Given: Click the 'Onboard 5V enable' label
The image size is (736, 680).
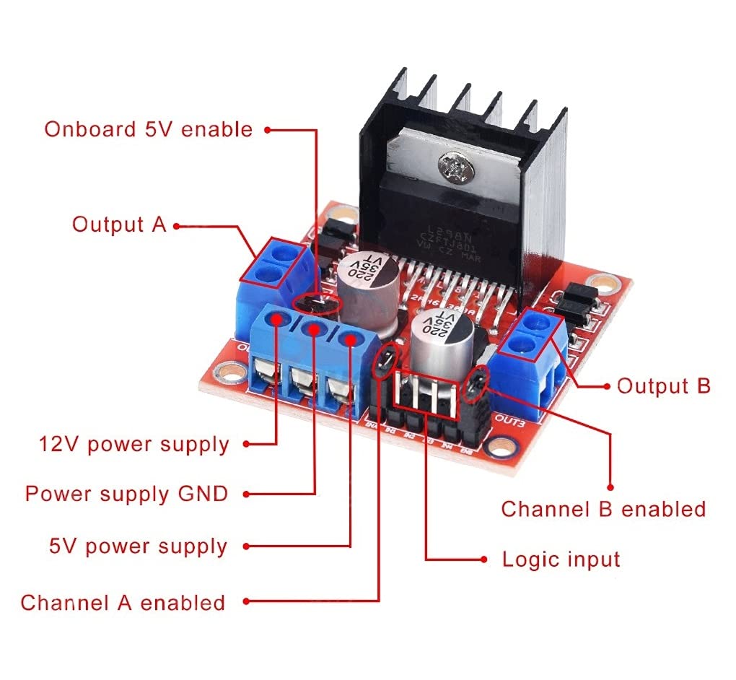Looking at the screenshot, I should pyautogui.click(x=148, y=129).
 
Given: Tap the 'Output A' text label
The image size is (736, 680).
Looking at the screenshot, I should pyautogui.click(x=119, y=225).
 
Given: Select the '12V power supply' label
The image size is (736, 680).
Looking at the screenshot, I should pyautogui.click(x=133, y=444).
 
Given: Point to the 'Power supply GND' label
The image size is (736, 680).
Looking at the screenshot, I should pyautogui.click(x=126, y=494).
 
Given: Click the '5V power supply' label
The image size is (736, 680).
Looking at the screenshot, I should pyautogui.click(x=138, y=546).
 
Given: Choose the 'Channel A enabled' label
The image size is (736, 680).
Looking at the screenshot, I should pyautogui.click(x=123, y=603).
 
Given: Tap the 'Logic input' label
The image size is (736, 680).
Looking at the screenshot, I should pyautogui.click(x=561, y=559).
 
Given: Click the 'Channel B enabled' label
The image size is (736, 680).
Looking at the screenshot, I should pyautogui.click(x=603, y=509).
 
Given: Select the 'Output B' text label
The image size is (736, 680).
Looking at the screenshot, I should pyautogui.click(x=663, y=386).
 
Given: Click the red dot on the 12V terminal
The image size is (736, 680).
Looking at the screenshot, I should pyautogui.click(x=278, y=321).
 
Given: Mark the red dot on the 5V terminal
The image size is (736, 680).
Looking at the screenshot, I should pyautogui.click(x=350, y=339).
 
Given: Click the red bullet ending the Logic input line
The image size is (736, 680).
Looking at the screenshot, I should pyautogui.click(x=484, y=559).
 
